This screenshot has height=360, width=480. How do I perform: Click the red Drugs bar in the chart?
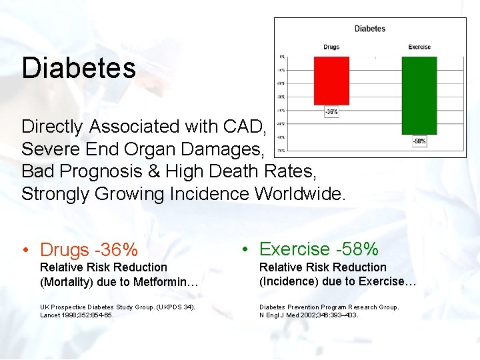point(331,80)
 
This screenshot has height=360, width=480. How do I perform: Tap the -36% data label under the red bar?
point(331,112)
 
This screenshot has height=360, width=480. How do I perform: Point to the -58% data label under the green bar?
point(419,141)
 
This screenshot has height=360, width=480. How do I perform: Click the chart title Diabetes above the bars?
point(370,29)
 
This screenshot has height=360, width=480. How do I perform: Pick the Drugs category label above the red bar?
point(331,47)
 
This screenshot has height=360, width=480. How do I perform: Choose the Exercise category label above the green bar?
point(419,47)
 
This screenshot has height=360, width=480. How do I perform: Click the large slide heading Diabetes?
point(78,67)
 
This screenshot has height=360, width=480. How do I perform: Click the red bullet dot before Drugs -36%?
point(25,251)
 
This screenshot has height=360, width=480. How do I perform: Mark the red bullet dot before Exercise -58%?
point(245,250)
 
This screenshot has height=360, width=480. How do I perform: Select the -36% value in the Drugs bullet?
point(117,250)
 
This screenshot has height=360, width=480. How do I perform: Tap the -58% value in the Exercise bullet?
point(357,249)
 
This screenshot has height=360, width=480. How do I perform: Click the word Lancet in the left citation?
point(50,315)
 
